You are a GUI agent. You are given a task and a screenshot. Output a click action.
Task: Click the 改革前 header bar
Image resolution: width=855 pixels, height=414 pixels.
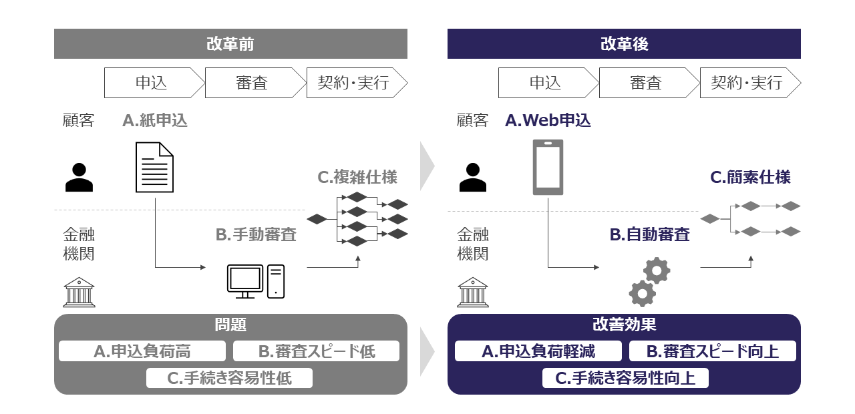tap(230, 44)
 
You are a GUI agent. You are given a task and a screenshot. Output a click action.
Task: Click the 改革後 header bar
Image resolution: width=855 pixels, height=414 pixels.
tap(624, 44)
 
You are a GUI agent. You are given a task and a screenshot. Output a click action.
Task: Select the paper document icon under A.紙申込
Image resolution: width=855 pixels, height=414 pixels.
tap(155, 168)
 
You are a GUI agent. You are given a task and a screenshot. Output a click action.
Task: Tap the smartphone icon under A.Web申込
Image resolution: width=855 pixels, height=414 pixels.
tap(548, 168)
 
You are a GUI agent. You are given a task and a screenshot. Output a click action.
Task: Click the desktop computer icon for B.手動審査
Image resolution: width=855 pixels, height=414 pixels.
tap(256, 281)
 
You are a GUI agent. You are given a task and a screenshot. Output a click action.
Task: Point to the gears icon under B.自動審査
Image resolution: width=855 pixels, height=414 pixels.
tap(649, 281)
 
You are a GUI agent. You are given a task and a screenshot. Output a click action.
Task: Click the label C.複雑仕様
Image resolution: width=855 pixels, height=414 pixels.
tap(357, 177)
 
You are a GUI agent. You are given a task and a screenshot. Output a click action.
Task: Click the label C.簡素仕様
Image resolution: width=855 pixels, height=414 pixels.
tap(750, 177)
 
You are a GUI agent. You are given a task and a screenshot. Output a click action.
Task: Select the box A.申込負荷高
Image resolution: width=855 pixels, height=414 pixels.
tap(142, 351)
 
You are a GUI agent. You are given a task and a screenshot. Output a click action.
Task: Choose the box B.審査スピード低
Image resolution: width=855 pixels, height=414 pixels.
tap(316, 351)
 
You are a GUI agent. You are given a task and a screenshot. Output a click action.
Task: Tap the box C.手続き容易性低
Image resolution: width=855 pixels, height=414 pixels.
tap(229, 378)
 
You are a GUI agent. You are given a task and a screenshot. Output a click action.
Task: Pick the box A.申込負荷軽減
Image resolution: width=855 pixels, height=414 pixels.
tap(538, 351)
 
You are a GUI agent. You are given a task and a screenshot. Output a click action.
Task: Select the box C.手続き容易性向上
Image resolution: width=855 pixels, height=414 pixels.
tap(625, 378)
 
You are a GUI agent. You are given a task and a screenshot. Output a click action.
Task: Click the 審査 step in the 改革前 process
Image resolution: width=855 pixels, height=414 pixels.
tap(252, 83)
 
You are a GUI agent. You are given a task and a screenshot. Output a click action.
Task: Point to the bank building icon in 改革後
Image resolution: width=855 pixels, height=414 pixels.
tap(473, 292)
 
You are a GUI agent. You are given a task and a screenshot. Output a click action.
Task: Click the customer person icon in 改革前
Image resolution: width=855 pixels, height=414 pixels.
tap(79, 178)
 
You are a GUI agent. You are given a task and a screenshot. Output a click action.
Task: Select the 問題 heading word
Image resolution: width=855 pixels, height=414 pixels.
tap(230, 325)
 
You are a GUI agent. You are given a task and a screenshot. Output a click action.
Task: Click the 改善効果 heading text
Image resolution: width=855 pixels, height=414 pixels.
tap(624, 325)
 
